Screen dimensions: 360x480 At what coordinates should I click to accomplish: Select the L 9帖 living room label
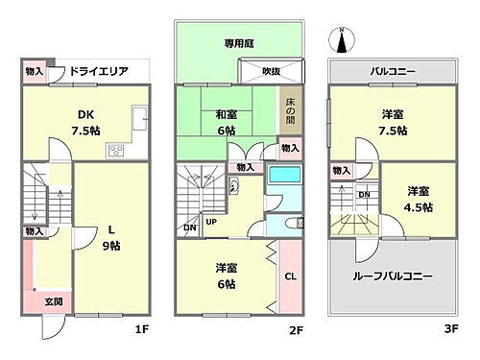pos(112,238)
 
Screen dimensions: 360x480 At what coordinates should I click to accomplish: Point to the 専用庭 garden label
pos(235,42)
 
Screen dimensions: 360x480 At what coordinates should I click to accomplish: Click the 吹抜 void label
pos(272,72)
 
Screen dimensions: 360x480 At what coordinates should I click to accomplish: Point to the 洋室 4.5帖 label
pos(418,199)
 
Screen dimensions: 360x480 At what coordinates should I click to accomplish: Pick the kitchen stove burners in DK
pos(117,150)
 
